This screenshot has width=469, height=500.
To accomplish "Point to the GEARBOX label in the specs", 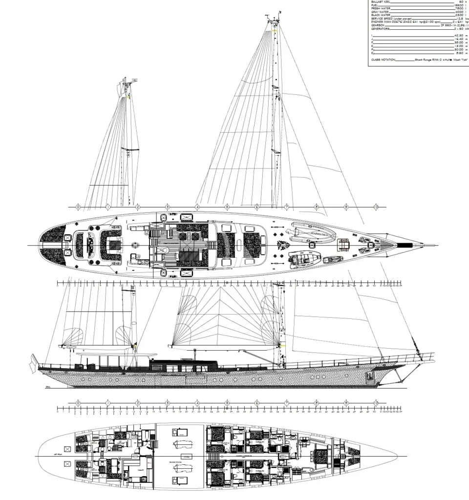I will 379,25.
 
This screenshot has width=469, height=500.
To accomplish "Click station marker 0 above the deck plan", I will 78,208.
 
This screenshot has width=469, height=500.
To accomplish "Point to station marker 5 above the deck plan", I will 227,208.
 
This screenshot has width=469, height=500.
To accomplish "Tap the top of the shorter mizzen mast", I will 126,81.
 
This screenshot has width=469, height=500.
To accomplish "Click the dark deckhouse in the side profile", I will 183,365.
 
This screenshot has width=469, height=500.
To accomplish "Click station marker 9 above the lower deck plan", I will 346,403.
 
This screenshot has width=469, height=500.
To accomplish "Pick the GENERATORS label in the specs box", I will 381,29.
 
